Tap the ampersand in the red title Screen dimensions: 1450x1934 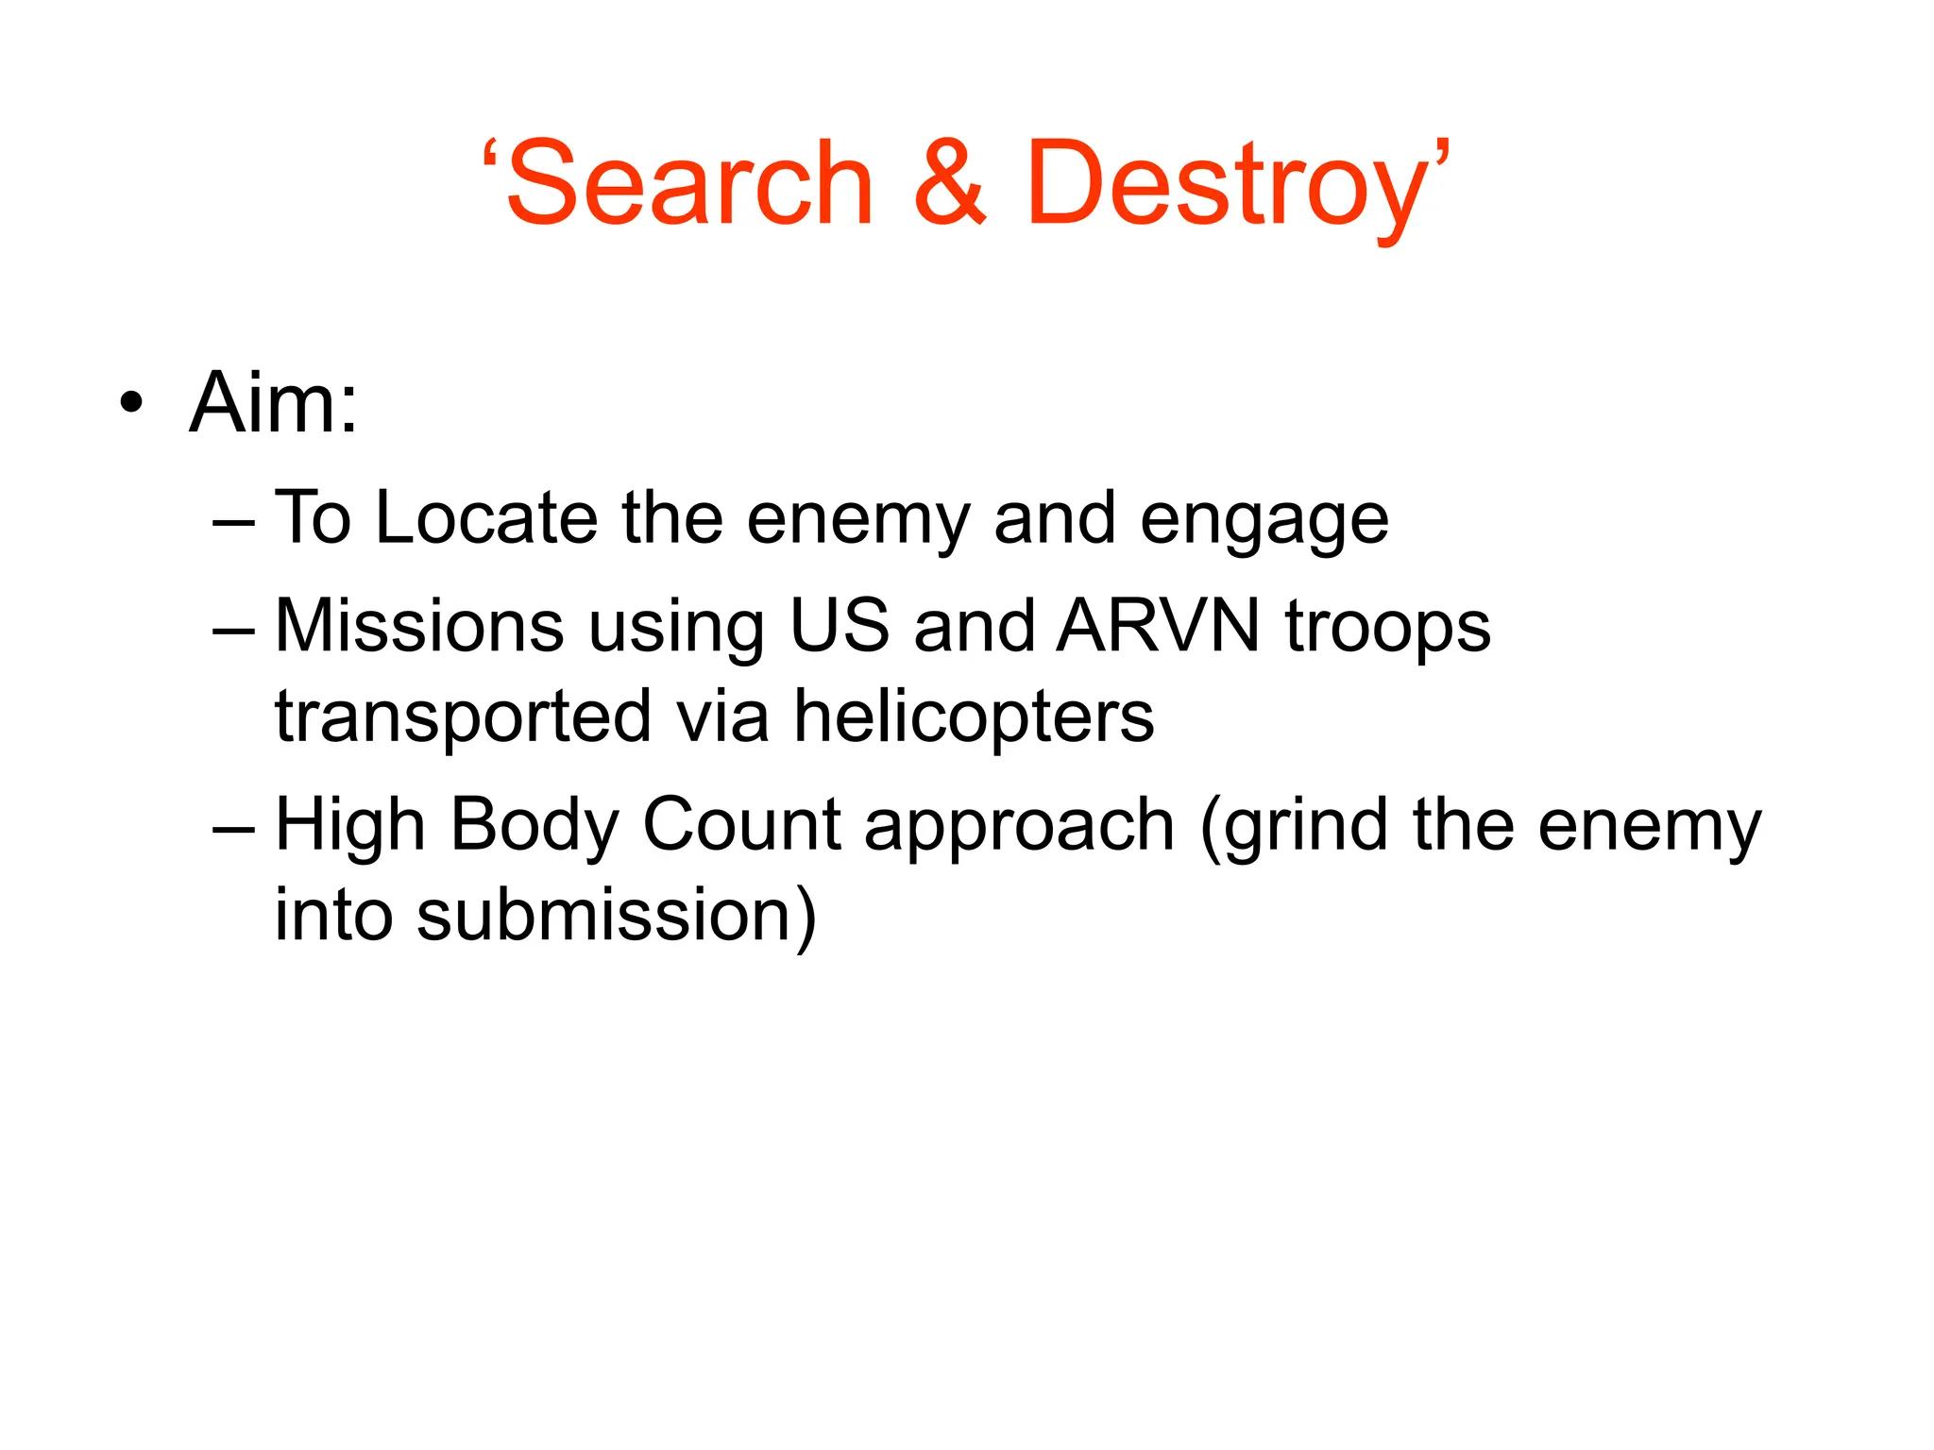pos(950,184)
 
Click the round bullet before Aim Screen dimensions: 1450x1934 pos(132,404)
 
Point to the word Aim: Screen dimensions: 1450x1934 pos(274,403)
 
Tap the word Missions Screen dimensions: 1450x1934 pos(419,626)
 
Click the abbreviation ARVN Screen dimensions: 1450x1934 pos(1159,626)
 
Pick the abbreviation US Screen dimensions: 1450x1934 pos(840,626)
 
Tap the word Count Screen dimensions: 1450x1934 pos(741,825)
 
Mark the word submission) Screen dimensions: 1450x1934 pos(616,916)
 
